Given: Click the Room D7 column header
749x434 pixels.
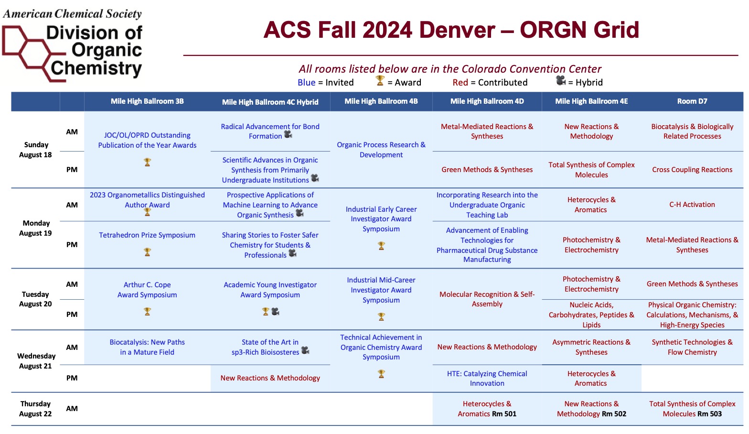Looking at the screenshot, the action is (692, 101).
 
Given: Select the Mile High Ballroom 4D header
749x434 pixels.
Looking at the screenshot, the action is (487, 101).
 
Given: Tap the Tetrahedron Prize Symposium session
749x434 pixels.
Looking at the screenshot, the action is (147, 235).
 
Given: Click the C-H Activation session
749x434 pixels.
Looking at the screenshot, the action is (692, 205).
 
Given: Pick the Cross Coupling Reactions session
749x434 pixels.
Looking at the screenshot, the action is (692, 170).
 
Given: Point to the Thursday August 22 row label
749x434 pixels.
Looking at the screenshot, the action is (35, 409).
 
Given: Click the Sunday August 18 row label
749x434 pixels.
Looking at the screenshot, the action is (35, 150).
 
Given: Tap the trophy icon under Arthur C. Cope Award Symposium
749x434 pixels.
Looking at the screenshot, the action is (147, 312).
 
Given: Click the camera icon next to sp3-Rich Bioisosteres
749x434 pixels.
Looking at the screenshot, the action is (305, 350).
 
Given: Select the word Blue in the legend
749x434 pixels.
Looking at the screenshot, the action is (306, 82).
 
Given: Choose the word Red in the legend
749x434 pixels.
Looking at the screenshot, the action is (460, 82).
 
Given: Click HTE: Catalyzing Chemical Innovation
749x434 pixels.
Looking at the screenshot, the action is (487, 379).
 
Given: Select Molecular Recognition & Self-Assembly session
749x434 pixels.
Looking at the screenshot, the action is (487, 299).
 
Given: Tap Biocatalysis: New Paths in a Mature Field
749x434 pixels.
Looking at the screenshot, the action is (147, 347).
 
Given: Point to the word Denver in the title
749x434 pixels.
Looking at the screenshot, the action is (457, 30).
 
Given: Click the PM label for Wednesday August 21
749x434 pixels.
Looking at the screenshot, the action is (72, 378).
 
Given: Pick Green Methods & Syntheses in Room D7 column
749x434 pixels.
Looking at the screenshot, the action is (692, 284).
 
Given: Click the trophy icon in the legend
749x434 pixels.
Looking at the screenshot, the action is (380, 81).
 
